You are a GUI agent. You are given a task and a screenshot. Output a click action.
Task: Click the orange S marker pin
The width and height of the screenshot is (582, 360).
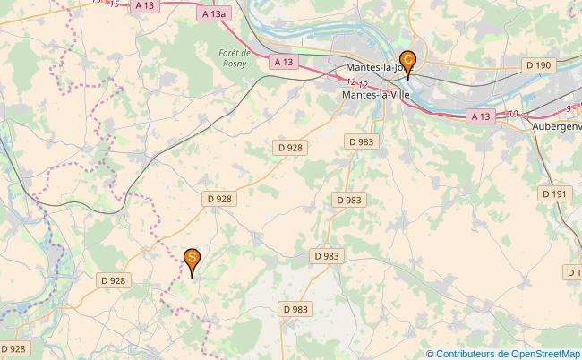[x=192, y=261]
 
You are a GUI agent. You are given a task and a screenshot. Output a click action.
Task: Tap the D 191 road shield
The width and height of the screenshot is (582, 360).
[x=554, y=193]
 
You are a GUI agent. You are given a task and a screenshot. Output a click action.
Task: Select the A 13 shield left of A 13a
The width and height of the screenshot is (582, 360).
[x=144, y=5]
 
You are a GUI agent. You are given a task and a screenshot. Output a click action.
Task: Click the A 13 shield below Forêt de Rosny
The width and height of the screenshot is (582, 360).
[x=283, y=62]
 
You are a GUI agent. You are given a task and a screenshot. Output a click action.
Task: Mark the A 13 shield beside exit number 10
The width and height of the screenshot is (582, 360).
[x=480, y=116]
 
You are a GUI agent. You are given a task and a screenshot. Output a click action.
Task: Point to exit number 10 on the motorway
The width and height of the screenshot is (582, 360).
[x=512, y=114]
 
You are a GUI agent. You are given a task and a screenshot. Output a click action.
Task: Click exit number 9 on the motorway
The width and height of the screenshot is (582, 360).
[x=569, y=108]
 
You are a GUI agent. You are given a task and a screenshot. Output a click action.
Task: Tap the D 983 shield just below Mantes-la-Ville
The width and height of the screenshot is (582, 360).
[x=359, y=141]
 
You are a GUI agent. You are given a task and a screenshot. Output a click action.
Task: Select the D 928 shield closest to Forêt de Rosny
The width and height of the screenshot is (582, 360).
[x=289, y=146]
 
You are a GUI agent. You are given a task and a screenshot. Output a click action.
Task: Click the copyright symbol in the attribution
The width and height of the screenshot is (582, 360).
[x=431, y=354]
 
